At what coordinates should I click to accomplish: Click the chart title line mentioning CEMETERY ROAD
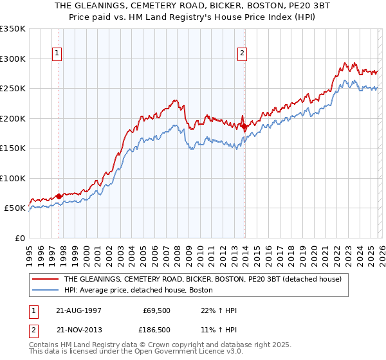pyautogui.click(x=193, y=6)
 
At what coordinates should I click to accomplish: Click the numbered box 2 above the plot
pyautogui.click(x=243, y=54)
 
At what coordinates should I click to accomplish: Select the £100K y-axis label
pyautogui.click(x=13, y=178)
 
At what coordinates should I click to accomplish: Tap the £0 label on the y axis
pyautogui.click(x=19, y=238)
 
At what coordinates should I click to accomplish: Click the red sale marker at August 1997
pyautogui.click(x=59, y=196)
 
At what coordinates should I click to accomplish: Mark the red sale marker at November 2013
pyautogui.click(x=244, y=127)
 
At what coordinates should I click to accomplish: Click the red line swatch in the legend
pyautogui.click(x=45, y=279)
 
